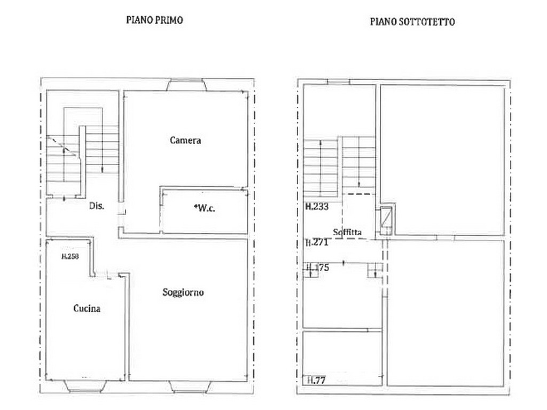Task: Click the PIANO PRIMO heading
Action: (x=154, y=20)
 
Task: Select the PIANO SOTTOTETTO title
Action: (x=412, y=21)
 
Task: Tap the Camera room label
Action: (x=185, y=140)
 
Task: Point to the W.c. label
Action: (x=205, y=208)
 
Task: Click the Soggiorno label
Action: (x=183, y=292)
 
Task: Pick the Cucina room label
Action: (x=87, y=308)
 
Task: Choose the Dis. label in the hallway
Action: (x=97, y=206)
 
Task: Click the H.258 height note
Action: (x=70, y=256)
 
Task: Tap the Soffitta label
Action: (x=347, y=232)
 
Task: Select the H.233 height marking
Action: (x=317, y=207)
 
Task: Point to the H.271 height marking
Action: (x=317, y=242)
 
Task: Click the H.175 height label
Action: (x=317, y=267)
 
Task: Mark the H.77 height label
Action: (x=316, y=380)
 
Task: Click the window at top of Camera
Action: (x=186, y=85)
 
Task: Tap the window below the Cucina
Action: (x=85, y=387)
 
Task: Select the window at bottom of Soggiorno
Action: (x=190, y=387)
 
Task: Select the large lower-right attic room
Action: (x=446, y=313)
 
